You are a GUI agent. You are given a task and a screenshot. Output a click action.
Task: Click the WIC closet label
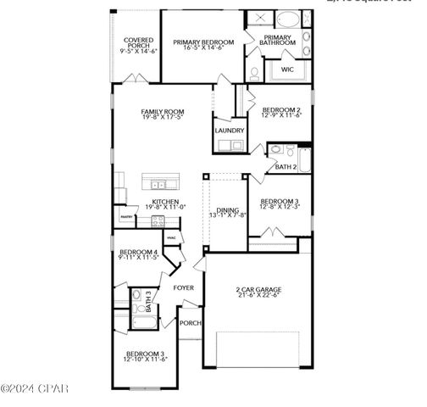coord(288,70)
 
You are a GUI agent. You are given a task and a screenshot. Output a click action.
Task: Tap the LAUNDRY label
coord(230,131)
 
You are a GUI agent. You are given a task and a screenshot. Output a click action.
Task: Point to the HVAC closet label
coord(171,237)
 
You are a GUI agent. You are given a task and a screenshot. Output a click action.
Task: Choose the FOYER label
coord(184,288)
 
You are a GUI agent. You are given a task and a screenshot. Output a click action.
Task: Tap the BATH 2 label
coord(286,167)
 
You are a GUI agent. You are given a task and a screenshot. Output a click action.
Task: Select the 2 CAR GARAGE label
coord(258,290)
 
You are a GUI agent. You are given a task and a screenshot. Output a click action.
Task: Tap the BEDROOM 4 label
coord(138,252)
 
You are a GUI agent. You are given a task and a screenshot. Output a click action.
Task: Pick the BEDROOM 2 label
coord(280,109)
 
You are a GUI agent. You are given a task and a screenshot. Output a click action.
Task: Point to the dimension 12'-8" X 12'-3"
coord(279,207)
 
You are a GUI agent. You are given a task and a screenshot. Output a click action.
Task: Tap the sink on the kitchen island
coord(158,184)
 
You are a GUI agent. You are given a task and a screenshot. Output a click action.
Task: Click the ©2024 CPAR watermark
coord(34,389)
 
